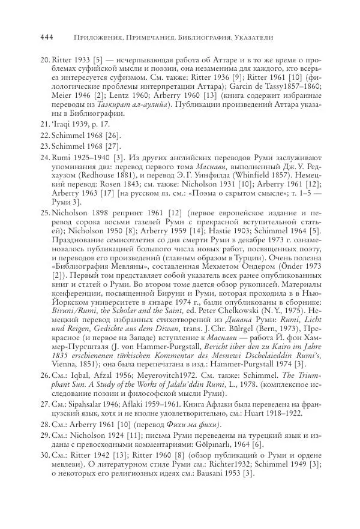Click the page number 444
point(47,37)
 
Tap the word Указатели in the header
point(251,37)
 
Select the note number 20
point(44,61)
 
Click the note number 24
point(44,158)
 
